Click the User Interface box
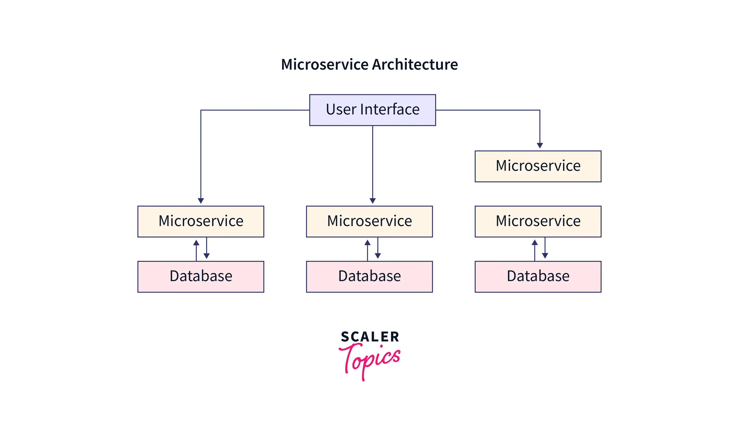pos(372,110)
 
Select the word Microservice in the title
pos(325,64)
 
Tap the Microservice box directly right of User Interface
pos(538,166)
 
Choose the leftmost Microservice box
pos(201,221)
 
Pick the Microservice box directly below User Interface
pos(369,221)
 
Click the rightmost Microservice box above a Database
pos(538,221)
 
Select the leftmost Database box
pos(201,277)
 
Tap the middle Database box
pos(369,277)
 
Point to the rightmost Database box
pos(538,277)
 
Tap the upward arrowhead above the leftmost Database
pos(196,243)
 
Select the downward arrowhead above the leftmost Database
pos(206,256)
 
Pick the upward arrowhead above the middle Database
pos(367,243)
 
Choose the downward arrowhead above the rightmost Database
pos(545,256)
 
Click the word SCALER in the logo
pos(370,337)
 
